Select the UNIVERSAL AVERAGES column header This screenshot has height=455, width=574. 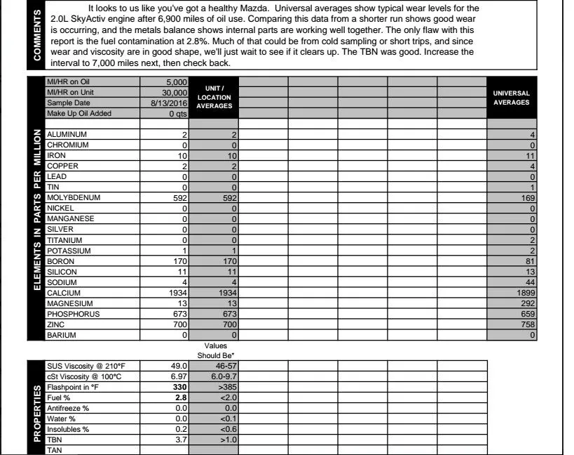click(x=511, y=98)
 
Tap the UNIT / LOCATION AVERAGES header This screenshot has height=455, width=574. click(x=214, y=97)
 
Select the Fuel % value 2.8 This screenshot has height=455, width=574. click(x=180, y=397)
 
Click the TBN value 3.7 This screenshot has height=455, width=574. click(x=180, y=440)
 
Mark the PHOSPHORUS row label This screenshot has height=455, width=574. click(x=73, y=314)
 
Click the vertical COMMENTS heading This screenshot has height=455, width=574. click(x=36, y=35)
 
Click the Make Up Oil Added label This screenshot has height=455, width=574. click(x=78, y=113)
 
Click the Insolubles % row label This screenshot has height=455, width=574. click(x=68, y=429)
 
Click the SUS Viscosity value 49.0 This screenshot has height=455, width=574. click(x=179, y=366)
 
